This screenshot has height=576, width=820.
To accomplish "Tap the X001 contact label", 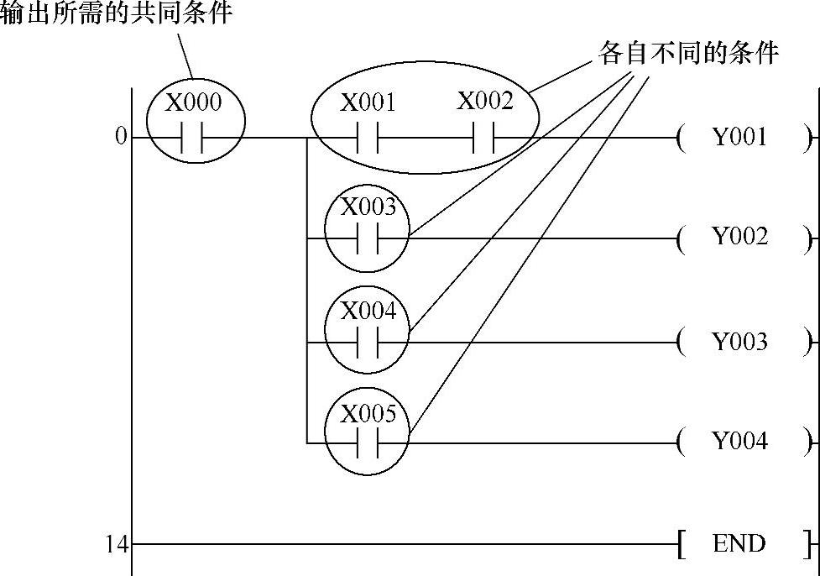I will coord(368,103).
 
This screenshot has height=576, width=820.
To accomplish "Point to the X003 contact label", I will coord(368,207).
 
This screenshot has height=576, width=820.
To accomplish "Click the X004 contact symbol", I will coord(368,343).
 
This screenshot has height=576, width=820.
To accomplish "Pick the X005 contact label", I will coord(368,413).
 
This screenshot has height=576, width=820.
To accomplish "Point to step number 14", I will coord(117,544).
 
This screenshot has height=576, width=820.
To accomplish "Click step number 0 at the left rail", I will coord(121,137).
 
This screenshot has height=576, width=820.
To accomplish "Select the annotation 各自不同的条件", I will coord(688,53).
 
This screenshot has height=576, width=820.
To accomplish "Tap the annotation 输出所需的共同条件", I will coord(116,13).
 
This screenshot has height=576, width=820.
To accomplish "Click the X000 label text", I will coord(194,102).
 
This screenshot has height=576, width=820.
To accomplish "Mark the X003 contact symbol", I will coord(368,238).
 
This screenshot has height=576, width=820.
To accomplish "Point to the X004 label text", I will coord(368,312).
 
